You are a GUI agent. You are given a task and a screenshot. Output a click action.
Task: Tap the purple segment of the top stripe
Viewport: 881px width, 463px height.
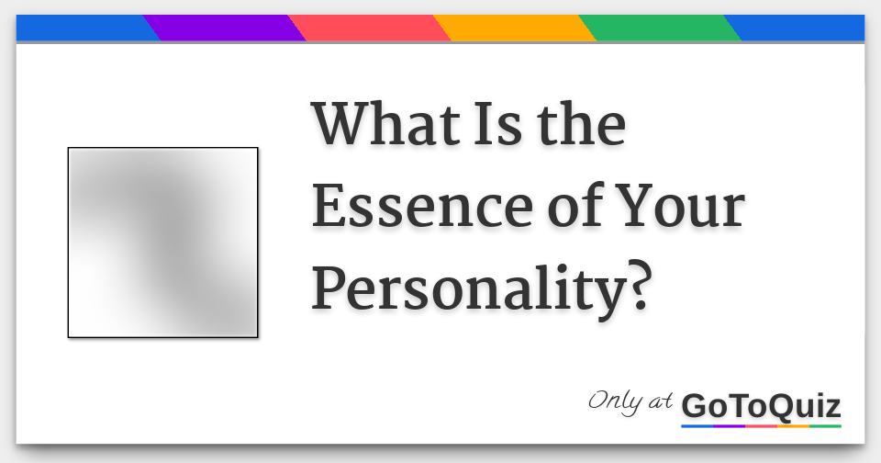coord(225,28)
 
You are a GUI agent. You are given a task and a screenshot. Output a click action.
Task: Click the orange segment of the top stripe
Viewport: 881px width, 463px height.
coord(515,28)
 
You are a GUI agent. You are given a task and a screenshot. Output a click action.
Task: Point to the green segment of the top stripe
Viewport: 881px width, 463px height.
coord(660,28)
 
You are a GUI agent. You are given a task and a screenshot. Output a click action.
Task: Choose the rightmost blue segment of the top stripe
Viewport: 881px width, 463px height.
coord(798,28)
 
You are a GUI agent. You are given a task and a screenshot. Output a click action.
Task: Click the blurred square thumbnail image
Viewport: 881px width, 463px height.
coord(162,243)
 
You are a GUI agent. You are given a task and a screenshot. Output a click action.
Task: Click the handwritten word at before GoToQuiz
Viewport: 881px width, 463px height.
coord(663,403)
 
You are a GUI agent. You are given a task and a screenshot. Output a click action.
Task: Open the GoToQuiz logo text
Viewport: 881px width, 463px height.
coord(761,406)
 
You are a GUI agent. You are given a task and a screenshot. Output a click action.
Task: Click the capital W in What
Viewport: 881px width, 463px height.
coord(341,124)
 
